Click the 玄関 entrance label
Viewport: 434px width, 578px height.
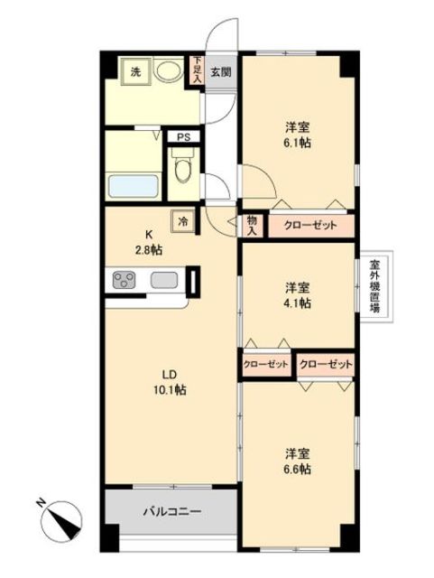tap(220, 73)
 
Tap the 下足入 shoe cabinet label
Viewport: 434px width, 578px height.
tap(197, 71)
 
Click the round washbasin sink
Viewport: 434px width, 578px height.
tap(169, 71)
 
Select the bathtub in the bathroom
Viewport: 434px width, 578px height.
tap(134, 187)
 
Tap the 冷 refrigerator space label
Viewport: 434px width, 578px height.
tap(183, 220)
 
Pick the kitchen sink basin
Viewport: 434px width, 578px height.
tap(163, 281)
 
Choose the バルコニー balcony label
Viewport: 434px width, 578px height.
tap(169, 513)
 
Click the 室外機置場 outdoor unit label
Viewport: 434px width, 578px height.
tap(374, 287)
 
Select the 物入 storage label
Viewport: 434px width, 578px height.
tap(252, 225)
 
